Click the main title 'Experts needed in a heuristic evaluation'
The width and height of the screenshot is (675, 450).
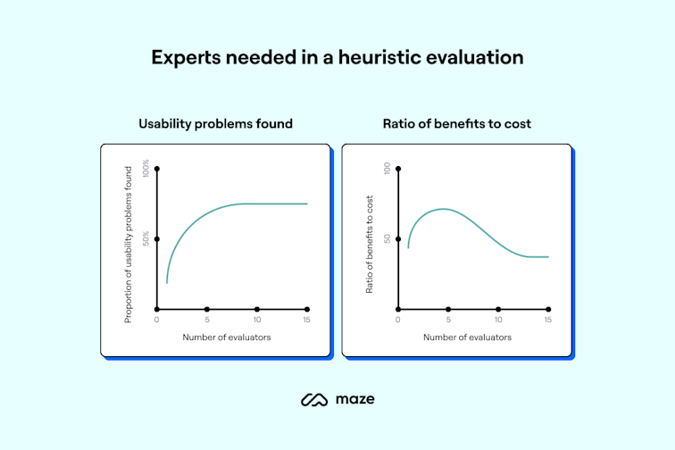point(337,57)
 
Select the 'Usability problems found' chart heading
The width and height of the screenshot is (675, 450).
point(215,123)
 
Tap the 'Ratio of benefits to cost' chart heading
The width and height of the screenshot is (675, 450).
point(456,123)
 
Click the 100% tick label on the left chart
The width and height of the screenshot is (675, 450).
point(146,169)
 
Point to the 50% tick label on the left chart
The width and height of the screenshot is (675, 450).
point(146,238)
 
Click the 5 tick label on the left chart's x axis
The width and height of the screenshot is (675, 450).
point(207,320)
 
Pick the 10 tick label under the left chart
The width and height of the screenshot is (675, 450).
point(257,320)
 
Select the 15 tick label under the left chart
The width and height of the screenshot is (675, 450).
point(307,320)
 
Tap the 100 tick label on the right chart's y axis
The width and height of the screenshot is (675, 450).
point(387,169)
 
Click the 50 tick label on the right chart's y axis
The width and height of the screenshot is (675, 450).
point(387,238)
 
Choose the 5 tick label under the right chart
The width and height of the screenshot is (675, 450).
point(448,320)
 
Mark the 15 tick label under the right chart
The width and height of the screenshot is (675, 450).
point(548,320)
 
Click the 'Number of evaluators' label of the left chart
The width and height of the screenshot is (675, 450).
point(226,337)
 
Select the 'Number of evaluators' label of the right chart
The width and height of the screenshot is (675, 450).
point(467,337)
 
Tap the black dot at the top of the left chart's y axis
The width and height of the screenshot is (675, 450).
point(157,169)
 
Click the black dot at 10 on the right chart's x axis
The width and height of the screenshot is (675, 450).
point(498,309)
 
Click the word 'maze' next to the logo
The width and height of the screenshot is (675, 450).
point(355,399)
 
